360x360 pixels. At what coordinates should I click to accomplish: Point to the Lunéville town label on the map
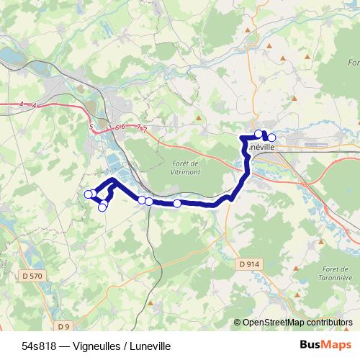tap(261, 145)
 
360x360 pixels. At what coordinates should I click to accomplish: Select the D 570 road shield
tap(32, 275)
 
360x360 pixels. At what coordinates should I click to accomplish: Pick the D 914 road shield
tap(248, 264)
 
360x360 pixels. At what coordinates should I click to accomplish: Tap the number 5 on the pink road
tap(91, 127)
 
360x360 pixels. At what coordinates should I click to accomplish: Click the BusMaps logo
tap(325, 344)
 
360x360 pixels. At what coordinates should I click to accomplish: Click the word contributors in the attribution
tap(330, 323)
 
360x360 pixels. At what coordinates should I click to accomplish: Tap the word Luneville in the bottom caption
tap(143, 345)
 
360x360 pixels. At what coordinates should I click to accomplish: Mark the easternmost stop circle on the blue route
tap(271, 137)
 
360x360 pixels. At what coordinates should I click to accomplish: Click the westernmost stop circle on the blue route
tap(89, 194)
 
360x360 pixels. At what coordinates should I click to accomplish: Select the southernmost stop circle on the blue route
tap(102, 207)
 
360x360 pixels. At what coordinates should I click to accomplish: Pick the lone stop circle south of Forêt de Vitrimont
tap(177, 204)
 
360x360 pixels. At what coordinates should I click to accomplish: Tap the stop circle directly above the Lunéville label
tap(258, 133)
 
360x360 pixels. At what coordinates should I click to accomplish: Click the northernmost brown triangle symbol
tap(249, 30)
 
